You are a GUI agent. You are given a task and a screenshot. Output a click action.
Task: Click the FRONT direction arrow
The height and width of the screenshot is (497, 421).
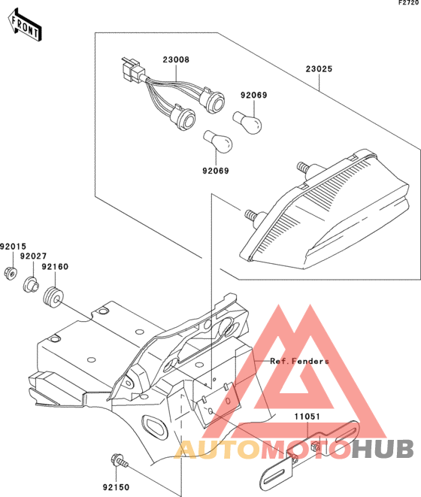point(25,25)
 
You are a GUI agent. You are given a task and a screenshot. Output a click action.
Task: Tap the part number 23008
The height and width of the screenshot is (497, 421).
point(176,59)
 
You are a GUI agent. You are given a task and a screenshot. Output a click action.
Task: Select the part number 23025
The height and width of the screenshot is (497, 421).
point(319,68)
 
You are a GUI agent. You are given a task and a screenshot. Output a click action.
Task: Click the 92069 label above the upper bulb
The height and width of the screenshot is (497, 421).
point(253,95)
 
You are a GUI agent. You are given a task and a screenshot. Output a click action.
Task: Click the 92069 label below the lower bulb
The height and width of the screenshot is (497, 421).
point(216,171)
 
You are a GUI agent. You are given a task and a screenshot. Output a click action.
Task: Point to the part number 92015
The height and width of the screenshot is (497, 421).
point(13,247)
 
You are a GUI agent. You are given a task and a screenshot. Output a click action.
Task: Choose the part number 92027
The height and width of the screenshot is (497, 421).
point(33,256)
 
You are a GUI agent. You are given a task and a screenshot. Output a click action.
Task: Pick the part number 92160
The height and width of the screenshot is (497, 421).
point(55,267)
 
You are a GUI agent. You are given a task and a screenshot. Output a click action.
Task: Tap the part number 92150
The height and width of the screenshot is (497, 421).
point(116,487)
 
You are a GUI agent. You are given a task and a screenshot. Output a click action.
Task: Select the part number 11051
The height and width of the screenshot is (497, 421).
point(307,417)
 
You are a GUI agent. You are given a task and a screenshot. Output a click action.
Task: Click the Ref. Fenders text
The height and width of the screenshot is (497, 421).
point(299,361)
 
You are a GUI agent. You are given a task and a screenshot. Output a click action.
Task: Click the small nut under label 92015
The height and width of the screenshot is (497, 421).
point(11,273)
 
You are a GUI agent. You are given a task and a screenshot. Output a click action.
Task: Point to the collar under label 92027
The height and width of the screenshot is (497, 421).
point(31,284)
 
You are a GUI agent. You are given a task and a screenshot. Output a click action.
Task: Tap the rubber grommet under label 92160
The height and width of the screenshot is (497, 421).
point(53,297)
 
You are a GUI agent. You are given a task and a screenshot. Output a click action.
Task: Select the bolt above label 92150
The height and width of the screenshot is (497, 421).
point(120,461)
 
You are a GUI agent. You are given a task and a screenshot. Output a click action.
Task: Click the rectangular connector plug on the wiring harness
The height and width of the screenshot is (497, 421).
point(133,67)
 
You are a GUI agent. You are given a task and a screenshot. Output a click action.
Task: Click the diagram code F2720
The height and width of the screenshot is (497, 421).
point(409,2)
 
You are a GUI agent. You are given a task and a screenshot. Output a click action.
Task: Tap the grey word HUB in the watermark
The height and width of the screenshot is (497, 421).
point(383,449)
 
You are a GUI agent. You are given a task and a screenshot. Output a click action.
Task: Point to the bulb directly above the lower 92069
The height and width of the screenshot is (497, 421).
point(218,141)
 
